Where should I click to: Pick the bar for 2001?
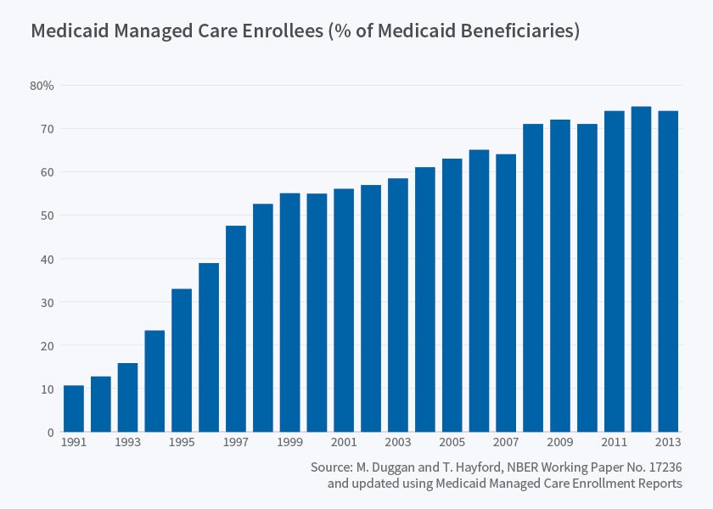tap(344, 310)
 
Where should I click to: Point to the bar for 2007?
tap(506, 294)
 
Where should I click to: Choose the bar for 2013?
tap(668, 271)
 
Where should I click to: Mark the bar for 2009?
tap(560, 276)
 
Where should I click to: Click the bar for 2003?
tap(398, 305)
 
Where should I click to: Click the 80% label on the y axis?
tap(42, 86)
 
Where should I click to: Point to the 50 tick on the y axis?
tap(47, 215)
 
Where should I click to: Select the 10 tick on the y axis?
tap(47, 389)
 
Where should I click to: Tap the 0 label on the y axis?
tap(50, 433)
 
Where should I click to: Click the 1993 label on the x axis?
tap(128, 444)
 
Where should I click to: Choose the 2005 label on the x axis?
tap(452, 444)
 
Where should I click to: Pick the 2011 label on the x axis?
tap(615, 444)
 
